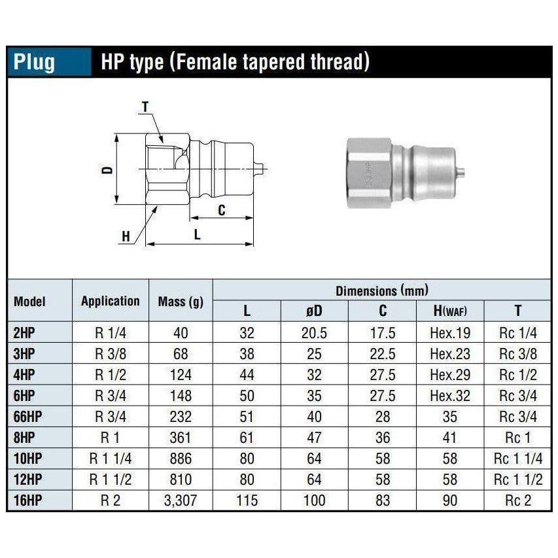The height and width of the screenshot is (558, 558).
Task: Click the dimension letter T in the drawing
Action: coord(145,105)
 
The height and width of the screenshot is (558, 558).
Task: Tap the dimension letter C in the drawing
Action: coord(221,210)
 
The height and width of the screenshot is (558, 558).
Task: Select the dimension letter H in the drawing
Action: coord(126,236)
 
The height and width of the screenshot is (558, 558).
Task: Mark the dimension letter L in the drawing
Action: coord(198,234)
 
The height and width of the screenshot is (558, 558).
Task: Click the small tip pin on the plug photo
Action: coord(462,173)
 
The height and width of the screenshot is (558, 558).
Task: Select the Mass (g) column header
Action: coord(181,302)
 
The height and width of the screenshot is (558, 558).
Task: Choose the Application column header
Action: coord(111,301)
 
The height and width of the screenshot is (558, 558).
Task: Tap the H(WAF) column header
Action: coord(450,311)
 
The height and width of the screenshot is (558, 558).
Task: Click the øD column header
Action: coord(314,311)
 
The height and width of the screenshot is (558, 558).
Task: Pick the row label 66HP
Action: coord(28,417)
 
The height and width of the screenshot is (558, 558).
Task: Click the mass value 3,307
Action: coord(181,502)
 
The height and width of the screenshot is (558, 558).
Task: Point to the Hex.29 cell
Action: coord(450,375)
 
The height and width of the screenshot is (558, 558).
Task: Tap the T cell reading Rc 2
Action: coord(519,502)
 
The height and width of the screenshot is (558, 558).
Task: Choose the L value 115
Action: coord(247,502)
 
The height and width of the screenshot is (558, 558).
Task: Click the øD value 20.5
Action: coord(314,333)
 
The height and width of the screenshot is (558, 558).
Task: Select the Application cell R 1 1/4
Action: coord(111,459)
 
